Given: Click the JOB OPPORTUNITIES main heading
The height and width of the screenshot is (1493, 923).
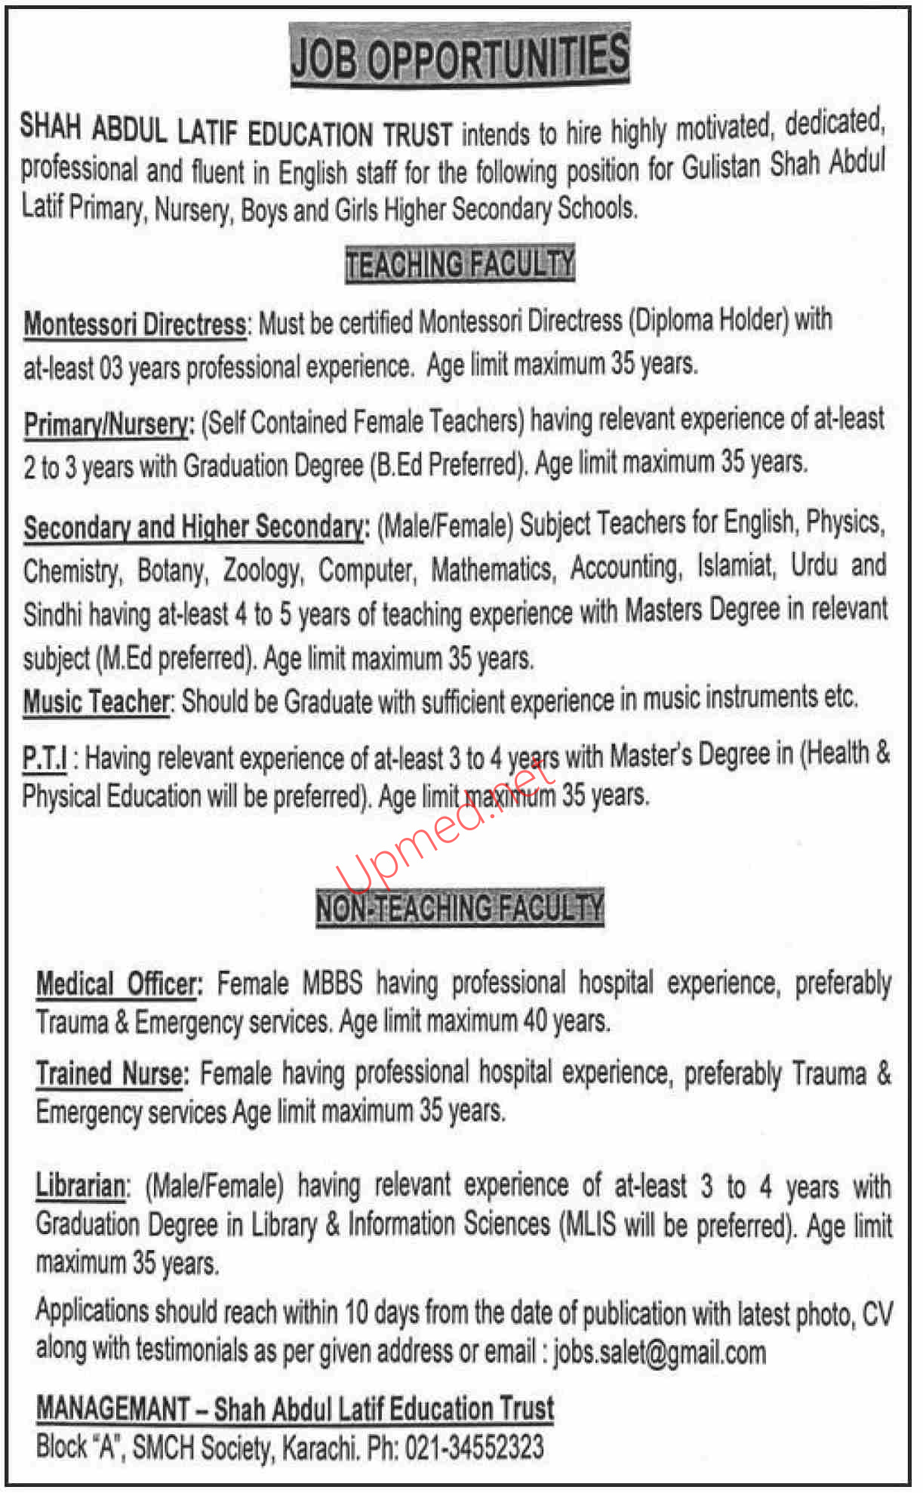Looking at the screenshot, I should click(x=460, y=57).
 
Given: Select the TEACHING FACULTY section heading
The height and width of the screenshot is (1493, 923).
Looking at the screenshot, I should click(x=460, y=264).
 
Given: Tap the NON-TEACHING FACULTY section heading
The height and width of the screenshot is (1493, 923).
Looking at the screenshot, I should click(x=460, y=907).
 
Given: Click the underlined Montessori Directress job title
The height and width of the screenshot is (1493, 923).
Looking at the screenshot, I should click(x=135, y=325).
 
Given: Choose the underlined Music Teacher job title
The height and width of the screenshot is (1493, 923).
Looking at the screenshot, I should click(x=97, y=702).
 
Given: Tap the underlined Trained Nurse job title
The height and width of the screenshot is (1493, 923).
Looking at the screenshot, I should click(x=110, y=1074).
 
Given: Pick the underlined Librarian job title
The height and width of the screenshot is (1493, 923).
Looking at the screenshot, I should click(x=81, y=1187).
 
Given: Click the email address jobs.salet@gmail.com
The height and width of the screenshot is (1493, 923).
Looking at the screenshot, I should click(x=659, y=1351).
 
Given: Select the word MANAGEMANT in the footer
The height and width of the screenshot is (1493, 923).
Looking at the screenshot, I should click(x=113, y=1409).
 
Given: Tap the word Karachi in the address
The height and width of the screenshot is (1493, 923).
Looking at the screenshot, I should click(x=319, y=1448).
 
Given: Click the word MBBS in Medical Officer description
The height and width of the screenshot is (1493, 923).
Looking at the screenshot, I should click(x=332, y=984).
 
